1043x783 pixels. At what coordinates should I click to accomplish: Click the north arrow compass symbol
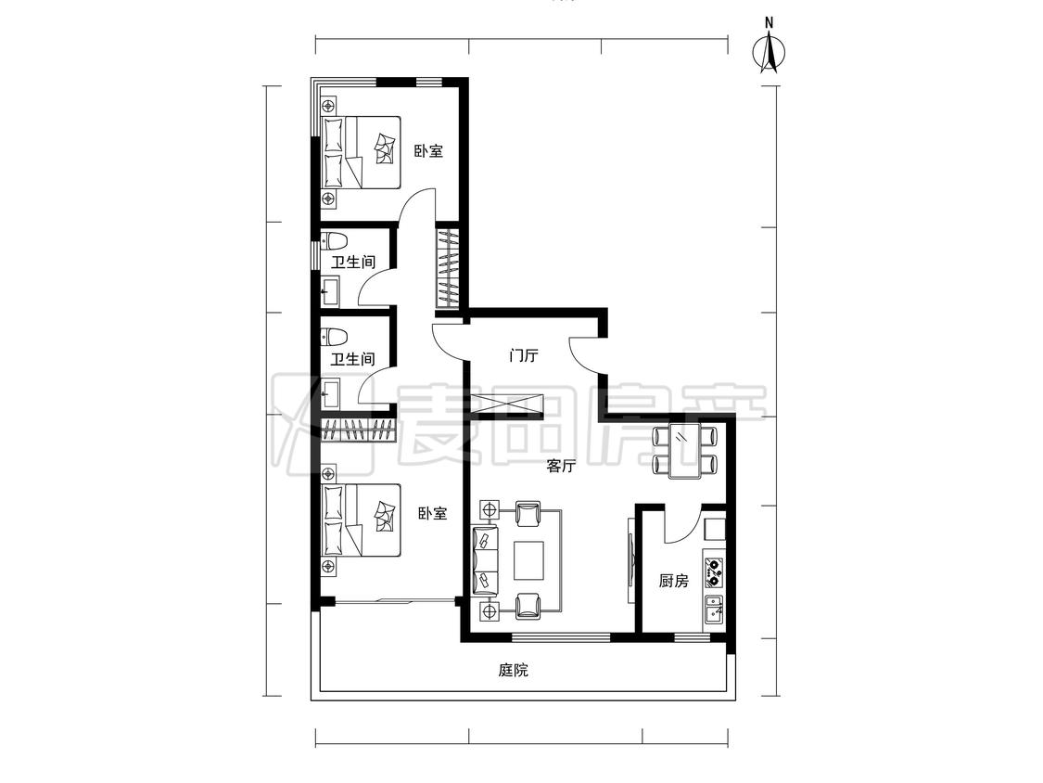[769, 50]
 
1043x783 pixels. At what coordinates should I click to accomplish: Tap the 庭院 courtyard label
[514, 670]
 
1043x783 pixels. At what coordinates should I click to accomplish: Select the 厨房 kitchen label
[673, 582]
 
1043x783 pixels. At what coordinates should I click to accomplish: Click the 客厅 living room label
[561, 466]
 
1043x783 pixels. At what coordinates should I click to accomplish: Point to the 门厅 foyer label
[523, 355]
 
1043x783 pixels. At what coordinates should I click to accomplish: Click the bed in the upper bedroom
[362, 152]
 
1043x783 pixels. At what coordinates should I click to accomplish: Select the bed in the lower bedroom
[362, 520]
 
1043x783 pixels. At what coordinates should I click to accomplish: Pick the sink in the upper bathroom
[331, 290]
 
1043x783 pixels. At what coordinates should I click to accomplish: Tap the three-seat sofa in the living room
[485, 560]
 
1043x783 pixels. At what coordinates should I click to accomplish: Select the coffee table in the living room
[528, 560]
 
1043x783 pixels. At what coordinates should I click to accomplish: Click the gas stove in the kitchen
[715, 571]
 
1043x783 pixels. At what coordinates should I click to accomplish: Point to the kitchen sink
[714, 610]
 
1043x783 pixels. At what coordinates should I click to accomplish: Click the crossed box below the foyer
[507, 404]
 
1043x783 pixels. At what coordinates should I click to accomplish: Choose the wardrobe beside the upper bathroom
[447, 268]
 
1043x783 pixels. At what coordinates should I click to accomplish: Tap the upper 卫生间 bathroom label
[353, 262]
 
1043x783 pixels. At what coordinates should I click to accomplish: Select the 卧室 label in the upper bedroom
[428, 151]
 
